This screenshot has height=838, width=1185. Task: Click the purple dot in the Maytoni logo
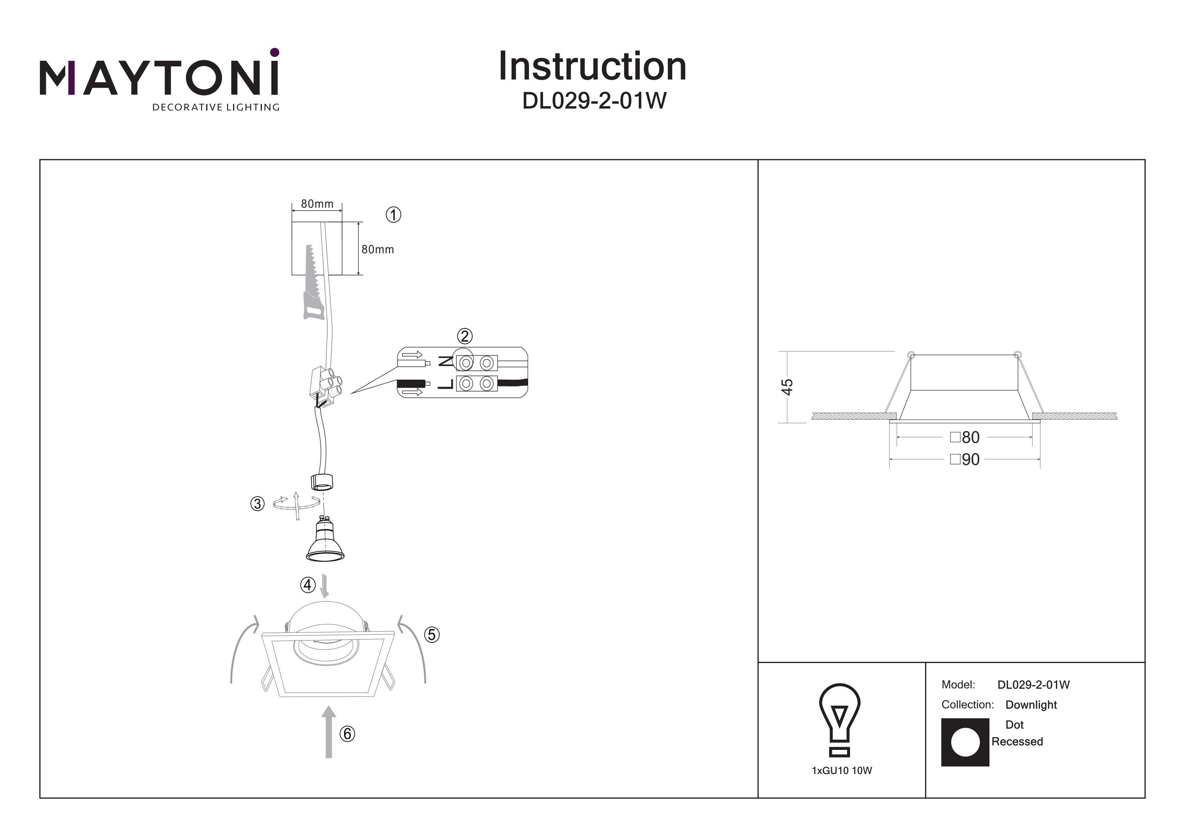(x=275, y=52)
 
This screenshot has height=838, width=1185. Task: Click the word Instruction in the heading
(x=592, y=67)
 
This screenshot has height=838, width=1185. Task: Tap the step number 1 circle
(x=393, y=215)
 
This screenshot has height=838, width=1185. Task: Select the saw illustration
(x=312, y=283)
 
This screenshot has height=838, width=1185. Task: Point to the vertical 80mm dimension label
(x=377, y=249)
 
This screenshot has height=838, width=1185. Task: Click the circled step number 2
(x=465, y=337)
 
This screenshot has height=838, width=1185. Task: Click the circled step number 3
(x=257, y=503)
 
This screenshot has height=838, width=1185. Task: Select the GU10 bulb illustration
(x=325, y=540)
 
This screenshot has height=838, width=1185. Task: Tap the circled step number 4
(x=308, y=585)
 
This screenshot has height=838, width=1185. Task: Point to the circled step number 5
(x=431, y=635)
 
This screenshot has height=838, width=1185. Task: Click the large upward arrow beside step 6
(x=329, y=732)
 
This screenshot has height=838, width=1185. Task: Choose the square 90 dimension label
(x=965, y=459)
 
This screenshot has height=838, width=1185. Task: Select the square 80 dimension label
(x=965, y=437)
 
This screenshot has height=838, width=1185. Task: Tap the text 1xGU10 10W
(x=842, y=771)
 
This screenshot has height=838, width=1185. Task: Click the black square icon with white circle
(x=965, y=742)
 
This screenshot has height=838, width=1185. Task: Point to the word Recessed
(x=1017, y=742)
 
